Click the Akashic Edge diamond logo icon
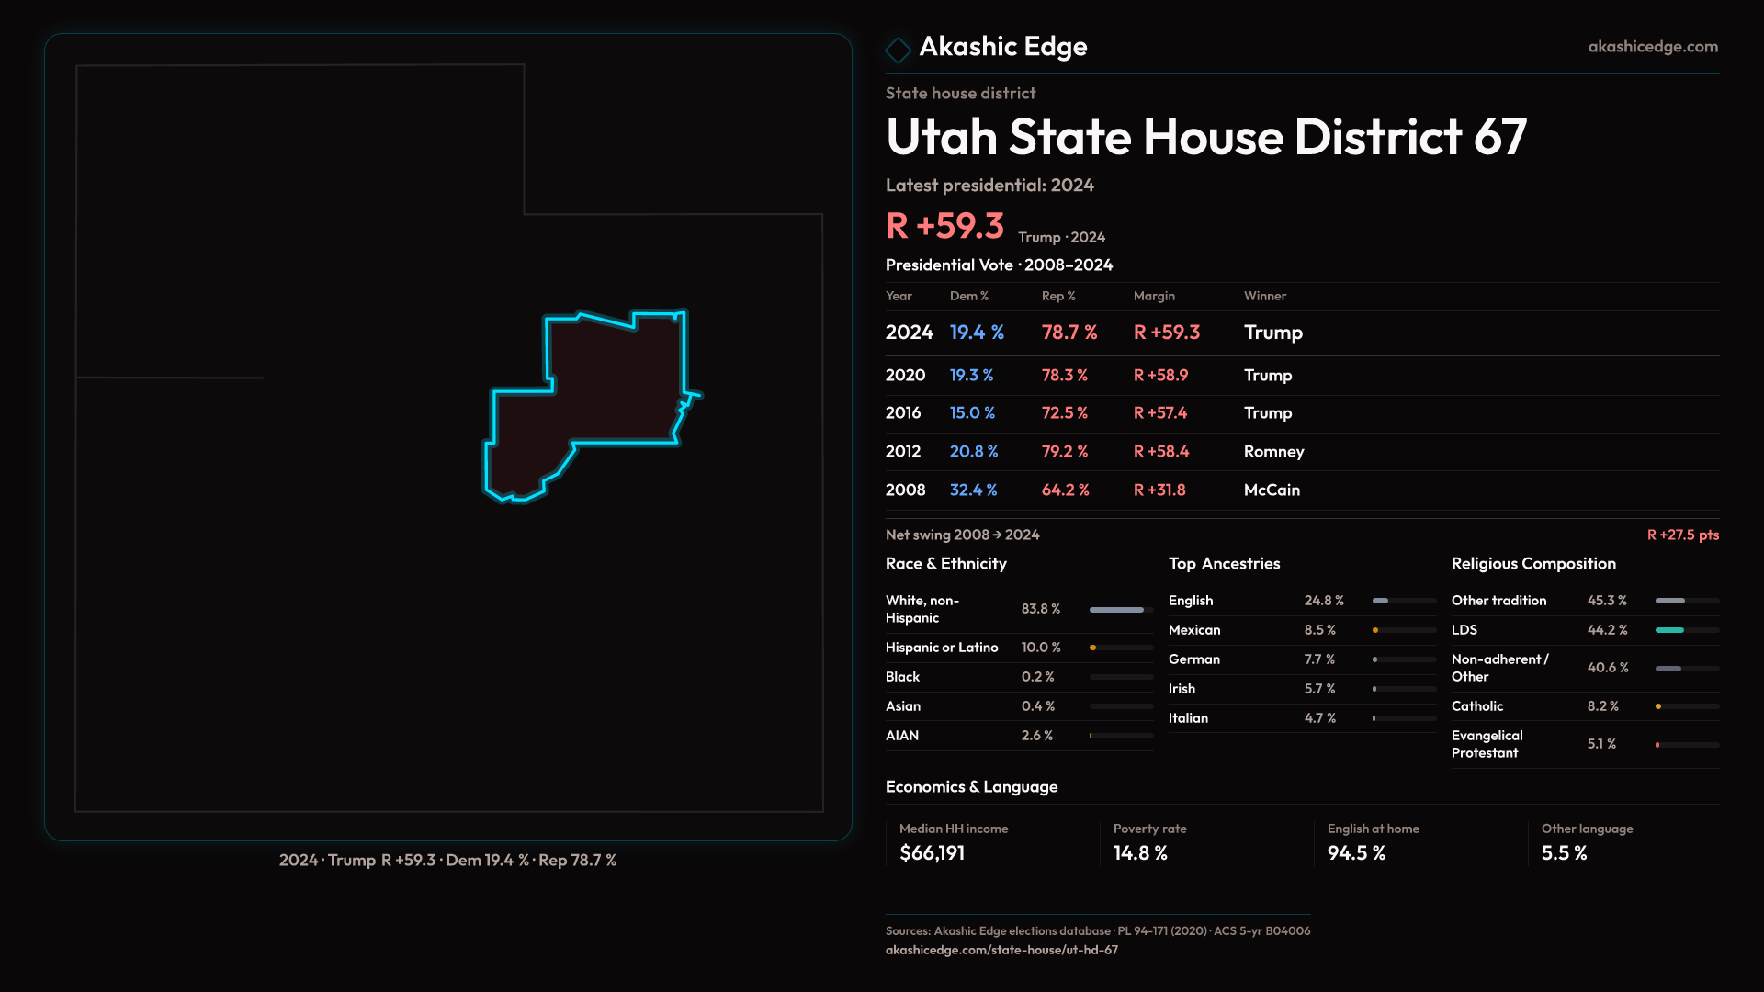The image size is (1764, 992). (x=898, y=49)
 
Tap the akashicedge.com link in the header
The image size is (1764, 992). (x=1652, y=47)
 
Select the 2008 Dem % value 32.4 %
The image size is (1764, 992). (x=973, y=490)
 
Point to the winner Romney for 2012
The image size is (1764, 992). (x=1273, y=452)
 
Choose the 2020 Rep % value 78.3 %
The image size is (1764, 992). (x=1064, y=376)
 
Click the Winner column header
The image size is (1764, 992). (x=1264, y=296)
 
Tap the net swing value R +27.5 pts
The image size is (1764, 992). (x=1682, y=535)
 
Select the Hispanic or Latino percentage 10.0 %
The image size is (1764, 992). (x=1040, y=648)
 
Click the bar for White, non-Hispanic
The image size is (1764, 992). (x=1116, y=610)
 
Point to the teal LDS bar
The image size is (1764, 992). (x=1669, y=630)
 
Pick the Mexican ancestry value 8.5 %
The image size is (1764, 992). (x=1319, y=630)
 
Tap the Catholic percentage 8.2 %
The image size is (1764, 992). (x=1602, y=706)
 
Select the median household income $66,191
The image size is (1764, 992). (x=932, y=853)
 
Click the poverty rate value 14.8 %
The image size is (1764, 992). (x=1139, y=853)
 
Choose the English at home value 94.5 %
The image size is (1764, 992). (x=1355, y=853)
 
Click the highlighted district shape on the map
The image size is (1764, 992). (x=606, y=395)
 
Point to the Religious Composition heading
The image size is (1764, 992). (x=1532, y=564)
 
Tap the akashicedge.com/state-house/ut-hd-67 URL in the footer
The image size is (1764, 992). (x=1001, y=951)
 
